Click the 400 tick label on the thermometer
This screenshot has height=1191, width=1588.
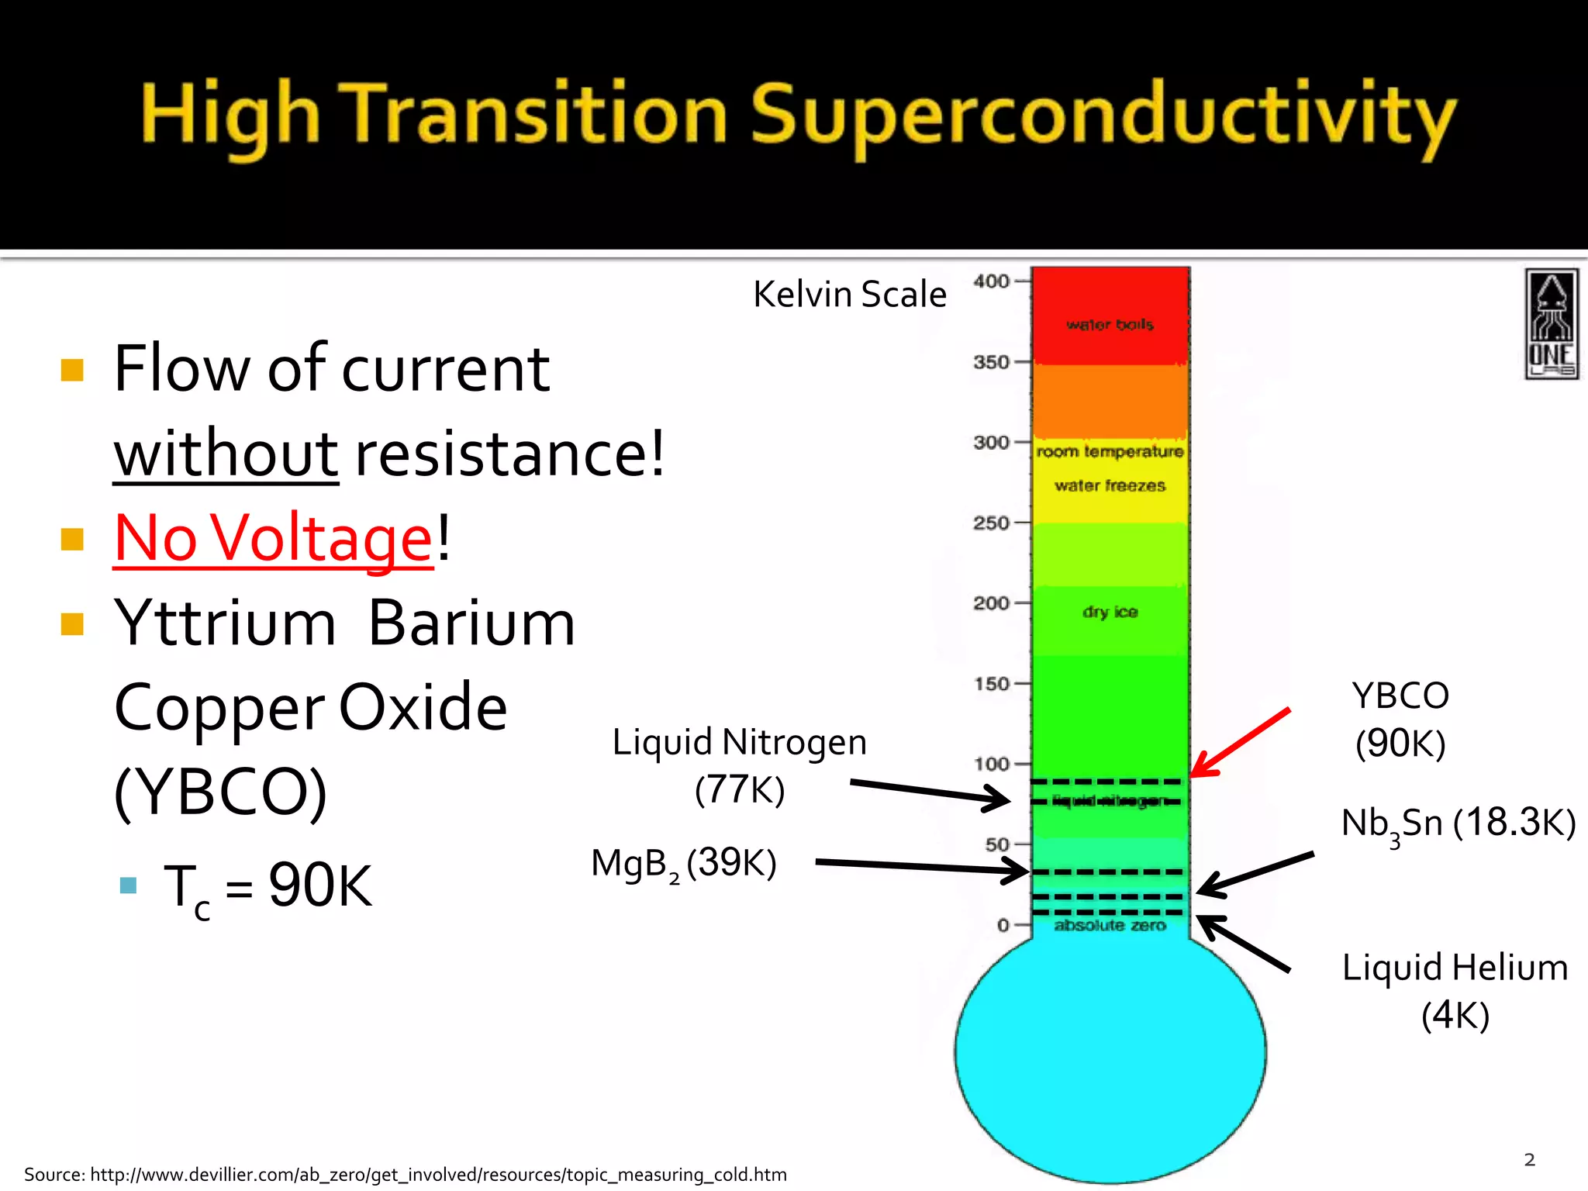(x=991, y=281)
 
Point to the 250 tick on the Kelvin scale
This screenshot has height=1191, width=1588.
(x=991, y=523)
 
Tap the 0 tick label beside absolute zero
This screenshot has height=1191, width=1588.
(x=1003, y=925)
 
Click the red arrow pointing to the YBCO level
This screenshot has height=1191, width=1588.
(x=1241, y=742)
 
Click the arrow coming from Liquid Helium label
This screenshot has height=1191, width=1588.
(x=1245, y=944)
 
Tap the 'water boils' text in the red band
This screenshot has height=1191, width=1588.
(x=1110, y=325)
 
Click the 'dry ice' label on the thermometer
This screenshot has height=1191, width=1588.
(x=1110, y=612)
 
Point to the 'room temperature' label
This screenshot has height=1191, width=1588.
(x=1110, y=451)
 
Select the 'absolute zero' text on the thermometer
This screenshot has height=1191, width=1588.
(x=1110, y=925)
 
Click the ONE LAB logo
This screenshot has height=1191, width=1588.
(x=1551, y=324)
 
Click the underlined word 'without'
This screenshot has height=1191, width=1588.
(x=226, y=454)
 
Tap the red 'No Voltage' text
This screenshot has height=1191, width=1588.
(x=273, y=538)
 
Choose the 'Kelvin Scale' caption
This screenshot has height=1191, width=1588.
(x=850, y=295)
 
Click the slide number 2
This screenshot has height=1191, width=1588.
(x=1529, y=1159)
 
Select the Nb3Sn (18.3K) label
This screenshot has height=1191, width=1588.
(x=1458, y=823)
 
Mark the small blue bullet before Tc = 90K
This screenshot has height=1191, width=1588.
(x=129, y=885)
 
